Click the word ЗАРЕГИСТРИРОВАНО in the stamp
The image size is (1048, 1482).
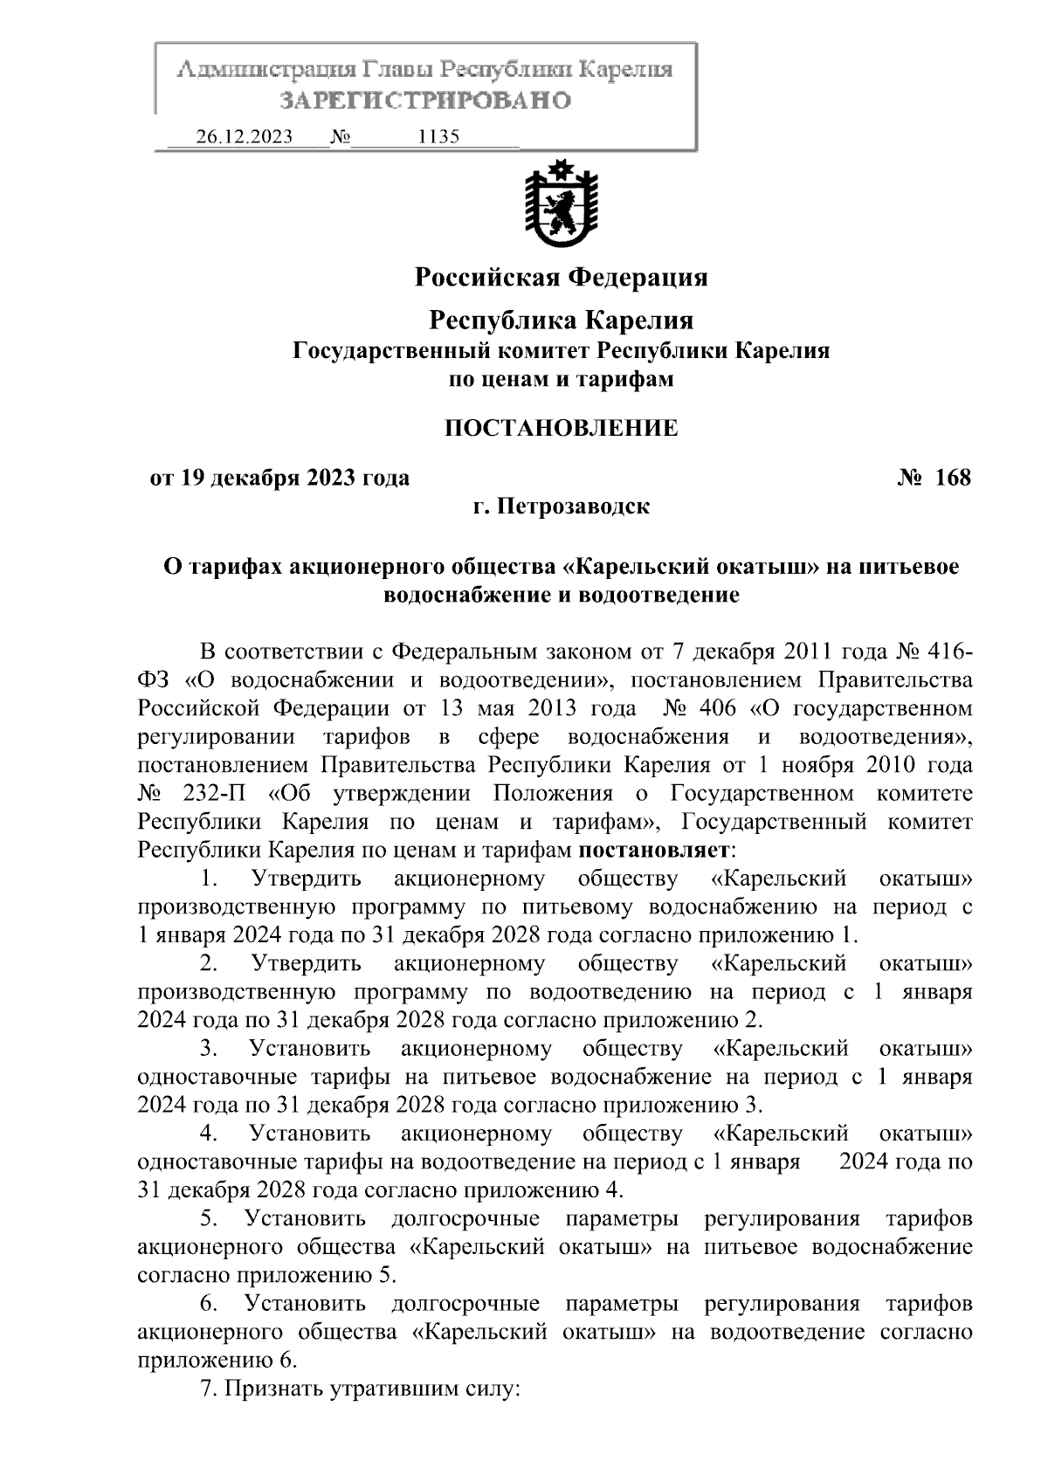pos(425,100)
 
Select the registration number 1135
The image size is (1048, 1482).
pos(439,137)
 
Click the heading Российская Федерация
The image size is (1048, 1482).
pos(561,278)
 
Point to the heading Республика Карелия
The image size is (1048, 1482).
pos(561,321)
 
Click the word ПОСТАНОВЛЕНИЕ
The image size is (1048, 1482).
pos(561,428)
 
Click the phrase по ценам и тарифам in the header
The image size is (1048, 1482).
pos(561,380)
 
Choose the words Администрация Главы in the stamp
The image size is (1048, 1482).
pos(303,69)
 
